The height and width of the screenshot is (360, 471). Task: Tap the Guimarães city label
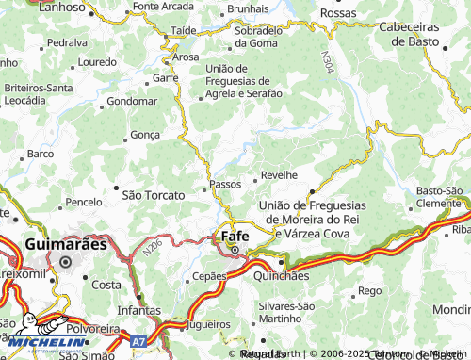pos(65,243)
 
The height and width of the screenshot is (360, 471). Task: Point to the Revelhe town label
pos(279,175)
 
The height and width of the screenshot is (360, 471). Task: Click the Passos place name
pos(226,184)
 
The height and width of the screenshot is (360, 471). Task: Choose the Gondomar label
pos(132,100)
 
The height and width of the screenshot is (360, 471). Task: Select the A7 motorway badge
pos(138,339)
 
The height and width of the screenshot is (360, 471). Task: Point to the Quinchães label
pos(282,276)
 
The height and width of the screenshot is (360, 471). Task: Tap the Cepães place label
pos(209,276)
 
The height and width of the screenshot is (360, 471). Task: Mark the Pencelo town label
pos(84,202)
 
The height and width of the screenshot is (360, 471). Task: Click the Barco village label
pos(41,153)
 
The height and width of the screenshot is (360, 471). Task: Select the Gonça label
pos(146,135)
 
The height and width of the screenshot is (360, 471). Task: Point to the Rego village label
pos(369,291)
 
